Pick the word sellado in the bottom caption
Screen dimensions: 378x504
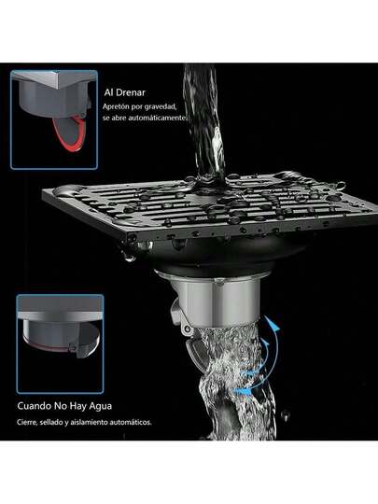(x=50, y=422)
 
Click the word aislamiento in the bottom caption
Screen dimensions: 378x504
(x=89, y=422)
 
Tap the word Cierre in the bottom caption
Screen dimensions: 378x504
(x=27, y=422)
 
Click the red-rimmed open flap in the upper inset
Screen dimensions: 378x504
(x=70, y=133)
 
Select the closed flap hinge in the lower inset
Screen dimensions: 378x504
(x=73, y=348)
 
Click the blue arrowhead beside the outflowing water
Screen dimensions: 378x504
(x=274, y=326)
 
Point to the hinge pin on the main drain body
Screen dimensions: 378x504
(x=186, y=328)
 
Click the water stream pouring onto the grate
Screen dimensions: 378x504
(x=204, y=122)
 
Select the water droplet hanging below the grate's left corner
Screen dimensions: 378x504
(x=129, y=257)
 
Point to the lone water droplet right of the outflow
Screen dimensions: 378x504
(x=285, y=414)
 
